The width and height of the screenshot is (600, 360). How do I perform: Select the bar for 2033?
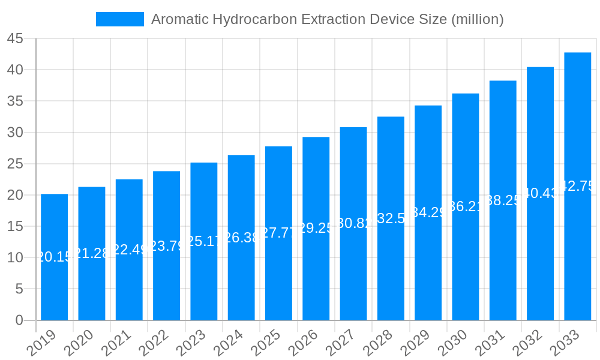[577, 186]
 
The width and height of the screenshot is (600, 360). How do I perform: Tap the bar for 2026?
[316, 229]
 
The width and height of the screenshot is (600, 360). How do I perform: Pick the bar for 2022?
[166, 245]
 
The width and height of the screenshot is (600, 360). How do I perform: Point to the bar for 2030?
[465, 206]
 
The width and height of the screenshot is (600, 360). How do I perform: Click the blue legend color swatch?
[119, 19]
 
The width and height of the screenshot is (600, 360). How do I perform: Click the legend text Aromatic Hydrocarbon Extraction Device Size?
[327, 19]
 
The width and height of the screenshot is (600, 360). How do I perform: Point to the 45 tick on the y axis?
[15, 39]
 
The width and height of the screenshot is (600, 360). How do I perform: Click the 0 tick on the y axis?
[19, 320]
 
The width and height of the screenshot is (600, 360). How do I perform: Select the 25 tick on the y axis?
[15, 164]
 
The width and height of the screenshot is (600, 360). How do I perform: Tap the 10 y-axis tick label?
[15, 258]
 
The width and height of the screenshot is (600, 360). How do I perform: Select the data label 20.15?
[54, 257]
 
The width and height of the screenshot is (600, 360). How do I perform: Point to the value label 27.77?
[278, 233]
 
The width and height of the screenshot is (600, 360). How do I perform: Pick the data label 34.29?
[428, 212]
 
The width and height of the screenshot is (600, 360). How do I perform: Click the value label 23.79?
[166, 246]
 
